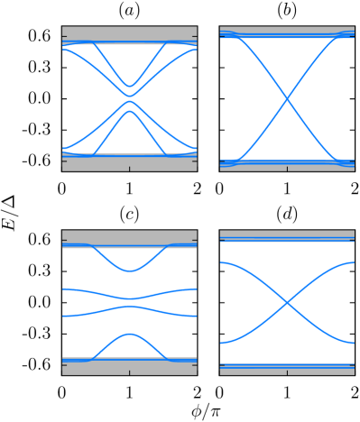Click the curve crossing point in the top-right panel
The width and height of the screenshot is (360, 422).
pyautogui.click(x=288, y=97)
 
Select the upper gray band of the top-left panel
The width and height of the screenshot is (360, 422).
pyautogui.click(x=129, y=33)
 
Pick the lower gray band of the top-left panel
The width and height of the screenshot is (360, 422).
pyautogui.click(x=129, y=163)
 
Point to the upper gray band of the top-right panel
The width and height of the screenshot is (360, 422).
pyautogui.click(x=287, y=30)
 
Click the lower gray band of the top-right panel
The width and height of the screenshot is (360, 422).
pyautogui.click(x=287, y=166)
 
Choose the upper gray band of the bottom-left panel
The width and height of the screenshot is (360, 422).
pyautogui.click(x=129, y=236)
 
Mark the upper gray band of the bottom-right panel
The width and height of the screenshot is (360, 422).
pyautogui.click(x=287, y=236)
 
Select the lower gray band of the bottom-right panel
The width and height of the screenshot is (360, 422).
pyautogui.click(x=287, y=369)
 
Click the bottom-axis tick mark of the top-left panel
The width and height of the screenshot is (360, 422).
pyautogui.click(x=129, y=169)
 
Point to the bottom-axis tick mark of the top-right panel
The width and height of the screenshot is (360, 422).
pyautogui.click(x=287, y=169)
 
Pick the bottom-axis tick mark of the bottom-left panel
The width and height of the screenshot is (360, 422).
pyautogui.click(x=129, y=372)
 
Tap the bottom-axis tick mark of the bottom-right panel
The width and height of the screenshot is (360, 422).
pyautogui.click(x=287, y=372)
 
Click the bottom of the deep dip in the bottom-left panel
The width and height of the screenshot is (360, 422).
pyautogui.click(x=130, y=271)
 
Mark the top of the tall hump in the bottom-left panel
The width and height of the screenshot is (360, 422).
pyautogui.click(x=130, y=334)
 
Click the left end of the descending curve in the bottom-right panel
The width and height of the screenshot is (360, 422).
pyautogui.click(x=221, y=262)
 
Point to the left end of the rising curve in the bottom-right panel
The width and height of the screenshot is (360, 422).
pyautogui.click(x=221, y=343)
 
